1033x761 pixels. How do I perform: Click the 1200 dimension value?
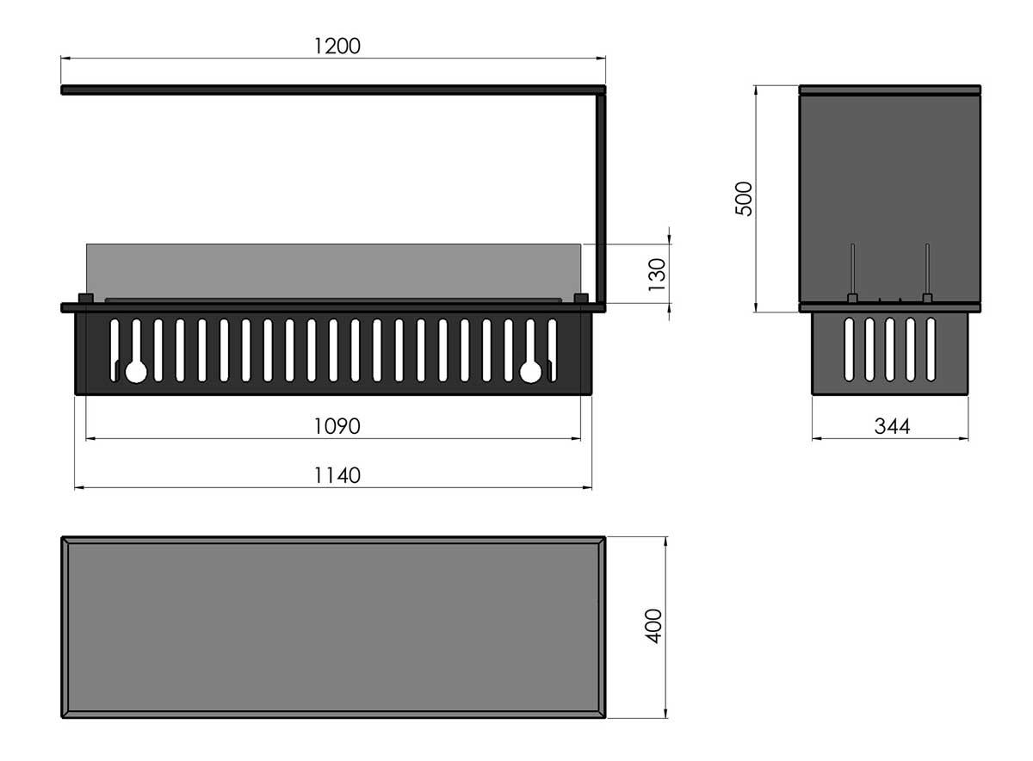click(x=337, y=46)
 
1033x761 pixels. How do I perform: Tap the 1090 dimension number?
click(x=337, y=426)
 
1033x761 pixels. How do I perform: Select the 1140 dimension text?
click(x=337, y=475)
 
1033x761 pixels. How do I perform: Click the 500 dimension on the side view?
click(x=745, y=198)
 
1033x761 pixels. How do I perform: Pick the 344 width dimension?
click(x=892, y=426)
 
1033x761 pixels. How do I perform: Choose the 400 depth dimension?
click(x=653, y=626)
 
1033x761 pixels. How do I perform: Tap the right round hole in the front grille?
click(x=531, y=371)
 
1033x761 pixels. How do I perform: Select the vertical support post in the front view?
click(x=601, y=198)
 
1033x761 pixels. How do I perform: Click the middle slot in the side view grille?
click(x=890, y=349)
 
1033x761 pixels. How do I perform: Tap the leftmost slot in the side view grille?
click(x=850, y=349)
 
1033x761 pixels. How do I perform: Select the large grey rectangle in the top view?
click(x=334, y=627)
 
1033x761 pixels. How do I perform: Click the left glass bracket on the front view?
click(x=85, y=299)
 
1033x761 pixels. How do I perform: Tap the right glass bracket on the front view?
click(x=581, y=299)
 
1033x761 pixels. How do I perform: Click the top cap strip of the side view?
click(x=890, y=89)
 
